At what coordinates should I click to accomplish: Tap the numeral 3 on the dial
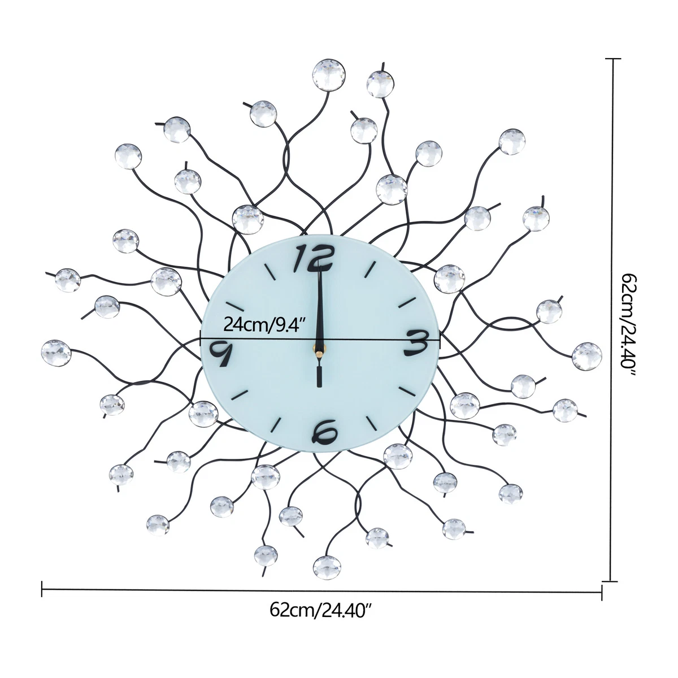(x=416, y=343)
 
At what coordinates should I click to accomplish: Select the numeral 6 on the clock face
(x=324, y=431)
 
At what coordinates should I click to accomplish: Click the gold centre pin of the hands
(x=319, y=349)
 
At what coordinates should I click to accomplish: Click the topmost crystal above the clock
(x=329, y=75)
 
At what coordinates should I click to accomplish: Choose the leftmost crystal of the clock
(x=56, y=353)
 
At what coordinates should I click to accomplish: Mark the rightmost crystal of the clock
(x=586, y=356)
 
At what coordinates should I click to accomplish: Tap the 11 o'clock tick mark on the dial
(x=270, y=272)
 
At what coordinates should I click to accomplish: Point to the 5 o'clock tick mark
(x=372, y=423)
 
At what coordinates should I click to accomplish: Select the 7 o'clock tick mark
(x=276, y=424)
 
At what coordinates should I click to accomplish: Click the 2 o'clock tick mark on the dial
(x=407, y=302)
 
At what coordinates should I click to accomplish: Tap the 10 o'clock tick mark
(x=234, y=306)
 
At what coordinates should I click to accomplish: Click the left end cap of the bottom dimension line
(x=42, y=589)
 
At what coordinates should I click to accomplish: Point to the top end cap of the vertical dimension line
(x=613, y=59)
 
